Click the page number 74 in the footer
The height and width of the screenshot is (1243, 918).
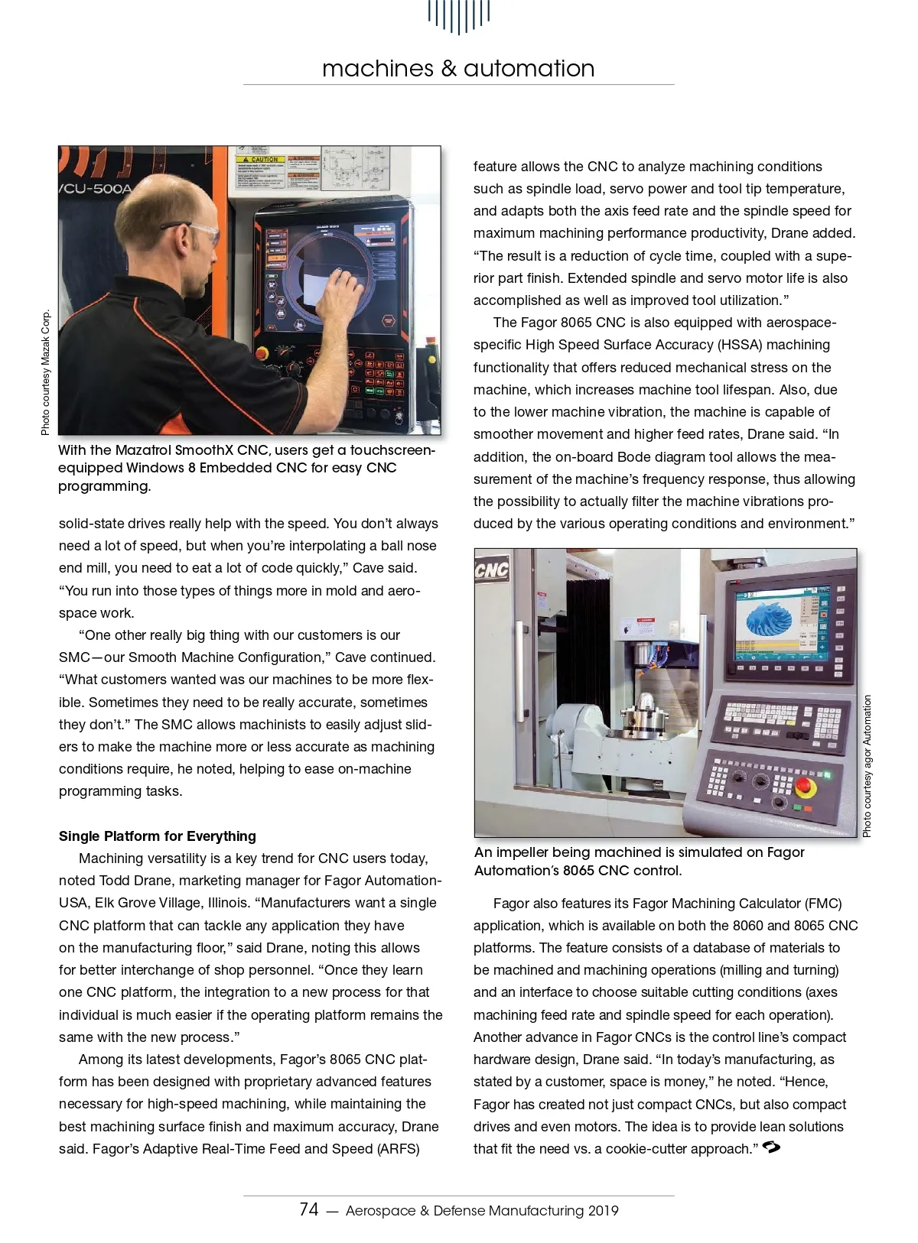point(308,1209)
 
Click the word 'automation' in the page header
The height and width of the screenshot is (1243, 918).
point(529,68)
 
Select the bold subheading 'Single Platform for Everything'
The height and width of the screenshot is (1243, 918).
point(158,836)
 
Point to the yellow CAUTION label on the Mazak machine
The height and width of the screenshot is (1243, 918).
point(260,160)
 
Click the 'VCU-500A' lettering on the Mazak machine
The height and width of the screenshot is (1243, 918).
point(95,188)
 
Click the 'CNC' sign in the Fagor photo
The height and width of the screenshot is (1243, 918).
point(491,570)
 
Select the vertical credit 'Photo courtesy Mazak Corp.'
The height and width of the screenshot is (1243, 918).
point(46,372)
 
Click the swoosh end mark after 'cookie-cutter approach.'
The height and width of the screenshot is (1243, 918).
point(771,1147)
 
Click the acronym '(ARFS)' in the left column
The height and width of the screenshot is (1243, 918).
point(399,1149)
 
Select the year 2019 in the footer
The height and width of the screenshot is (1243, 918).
point(604,1211)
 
